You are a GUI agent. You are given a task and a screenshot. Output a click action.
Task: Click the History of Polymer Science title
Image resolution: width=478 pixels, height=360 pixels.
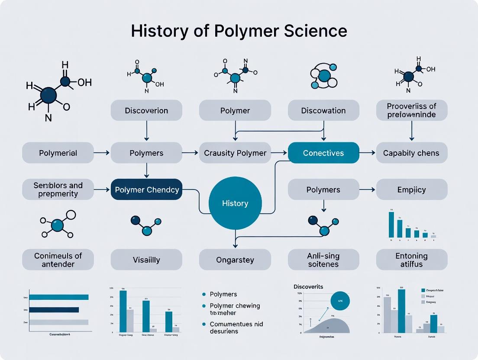[x=239, y=31]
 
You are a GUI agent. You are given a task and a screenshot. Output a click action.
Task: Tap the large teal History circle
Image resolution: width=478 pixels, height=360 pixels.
[x=235, y=203]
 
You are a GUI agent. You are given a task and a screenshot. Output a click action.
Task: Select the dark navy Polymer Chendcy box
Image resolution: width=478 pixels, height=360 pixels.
[x=147, y=190]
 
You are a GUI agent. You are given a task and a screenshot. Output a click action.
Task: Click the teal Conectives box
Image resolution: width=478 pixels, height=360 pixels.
[x=323, y=153]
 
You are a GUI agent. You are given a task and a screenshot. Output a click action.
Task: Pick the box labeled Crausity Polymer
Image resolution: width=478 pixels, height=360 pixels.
[x=235, y=153]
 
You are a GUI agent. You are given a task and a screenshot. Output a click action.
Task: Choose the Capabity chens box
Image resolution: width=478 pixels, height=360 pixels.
[x=411, y=153]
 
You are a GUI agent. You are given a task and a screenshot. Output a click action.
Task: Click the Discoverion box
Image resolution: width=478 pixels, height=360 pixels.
[x=146, y=110]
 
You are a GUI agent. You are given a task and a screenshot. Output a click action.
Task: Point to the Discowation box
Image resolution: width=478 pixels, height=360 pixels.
[x=323, y=110]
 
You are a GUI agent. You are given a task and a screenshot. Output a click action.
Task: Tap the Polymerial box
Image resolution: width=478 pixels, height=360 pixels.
[x=58, y=153]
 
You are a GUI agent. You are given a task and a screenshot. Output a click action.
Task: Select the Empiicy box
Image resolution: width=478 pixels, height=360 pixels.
[x=411, y=190]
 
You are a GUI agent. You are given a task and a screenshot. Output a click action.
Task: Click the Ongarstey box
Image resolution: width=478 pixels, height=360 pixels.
[x=235, y=260]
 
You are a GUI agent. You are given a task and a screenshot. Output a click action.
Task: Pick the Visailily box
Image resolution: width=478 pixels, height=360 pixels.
[x=146, y=260]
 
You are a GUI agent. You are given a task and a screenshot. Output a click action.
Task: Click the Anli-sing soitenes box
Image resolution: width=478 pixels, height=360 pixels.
[x=323, y=260]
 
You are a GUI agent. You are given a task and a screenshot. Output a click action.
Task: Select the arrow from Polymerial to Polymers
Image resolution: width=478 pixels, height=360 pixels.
[x=102, y=153]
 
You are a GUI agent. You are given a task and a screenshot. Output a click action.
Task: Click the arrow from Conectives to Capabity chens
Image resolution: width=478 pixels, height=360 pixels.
[x=367, y=153]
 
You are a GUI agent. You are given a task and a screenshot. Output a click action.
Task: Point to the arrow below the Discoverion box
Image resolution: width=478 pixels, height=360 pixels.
[x=146, y=131]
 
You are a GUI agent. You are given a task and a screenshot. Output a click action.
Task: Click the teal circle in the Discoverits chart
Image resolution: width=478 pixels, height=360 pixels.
[x=340, y=301]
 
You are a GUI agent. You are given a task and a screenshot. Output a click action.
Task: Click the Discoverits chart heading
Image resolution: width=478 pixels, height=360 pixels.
[x=308, y=286]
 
